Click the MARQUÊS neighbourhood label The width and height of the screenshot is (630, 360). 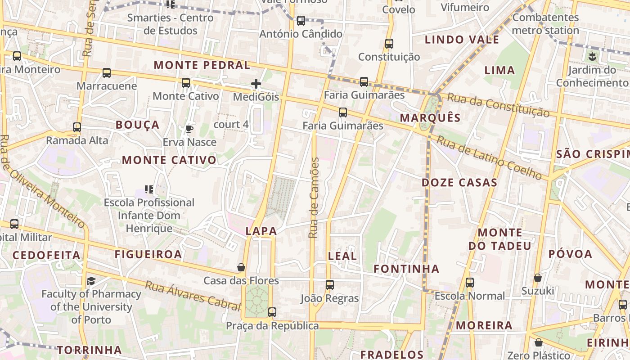pos(430,118)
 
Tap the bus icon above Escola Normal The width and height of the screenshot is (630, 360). pos(470,283)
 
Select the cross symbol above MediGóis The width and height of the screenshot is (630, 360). pos(256,84)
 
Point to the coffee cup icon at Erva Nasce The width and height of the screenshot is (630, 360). pos(189,129)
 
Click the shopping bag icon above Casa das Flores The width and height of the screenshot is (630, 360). pos(241,267)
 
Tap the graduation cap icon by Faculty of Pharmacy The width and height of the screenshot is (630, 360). pos(91,281)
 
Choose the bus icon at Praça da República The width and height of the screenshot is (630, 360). pos(272,312)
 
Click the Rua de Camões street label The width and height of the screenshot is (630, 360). pos(314,198)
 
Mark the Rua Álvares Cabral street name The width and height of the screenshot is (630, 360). pos(193,296)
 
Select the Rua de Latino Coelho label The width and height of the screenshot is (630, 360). pos(489,158)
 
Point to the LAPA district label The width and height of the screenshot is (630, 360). pos(261,231)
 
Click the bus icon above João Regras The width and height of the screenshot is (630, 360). pos(330,284)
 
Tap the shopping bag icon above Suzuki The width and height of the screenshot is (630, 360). pos(538,278)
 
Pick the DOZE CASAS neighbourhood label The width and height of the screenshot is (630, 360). pos(459,183)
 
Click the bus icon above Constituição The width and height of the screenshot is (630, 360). pos(389,44)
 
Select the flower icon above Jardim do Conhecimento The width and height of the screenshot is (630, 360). pos(592,57)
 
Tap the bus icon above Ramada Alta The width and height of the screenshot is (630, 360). pos(77,127)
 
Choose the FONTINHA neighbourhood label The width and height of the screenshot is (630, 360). pos(406,269)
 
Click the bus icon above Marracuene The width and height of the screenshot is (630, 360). pos(107,73)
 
